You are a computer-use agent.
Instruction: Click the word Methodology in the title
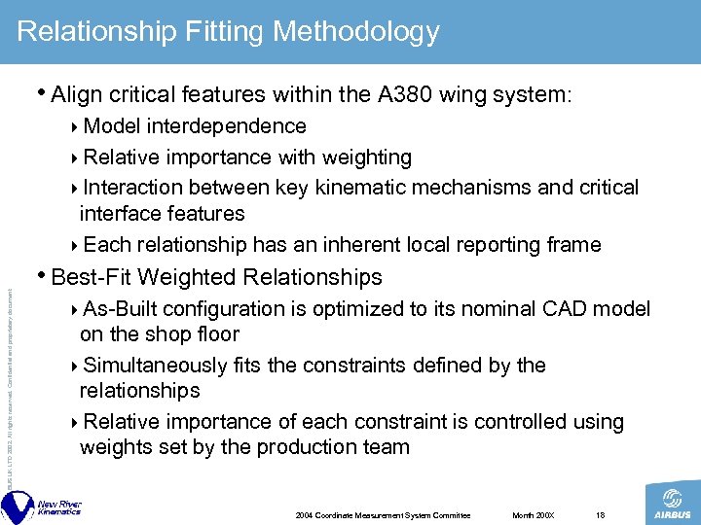click(x=356, y=33)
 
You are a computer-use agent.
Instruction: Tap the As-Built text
click(x=121, y=309)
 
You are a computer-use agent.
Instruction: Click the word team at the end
click(x=385, y=447)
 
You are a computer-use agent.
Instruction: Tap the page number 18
click(x=601, y=514)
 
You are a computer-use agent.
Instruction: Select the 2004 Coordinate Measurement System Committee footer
click(x=383, y=514)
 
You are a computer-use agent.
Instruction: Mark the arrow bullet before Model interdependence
click(x=77, y=127)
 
